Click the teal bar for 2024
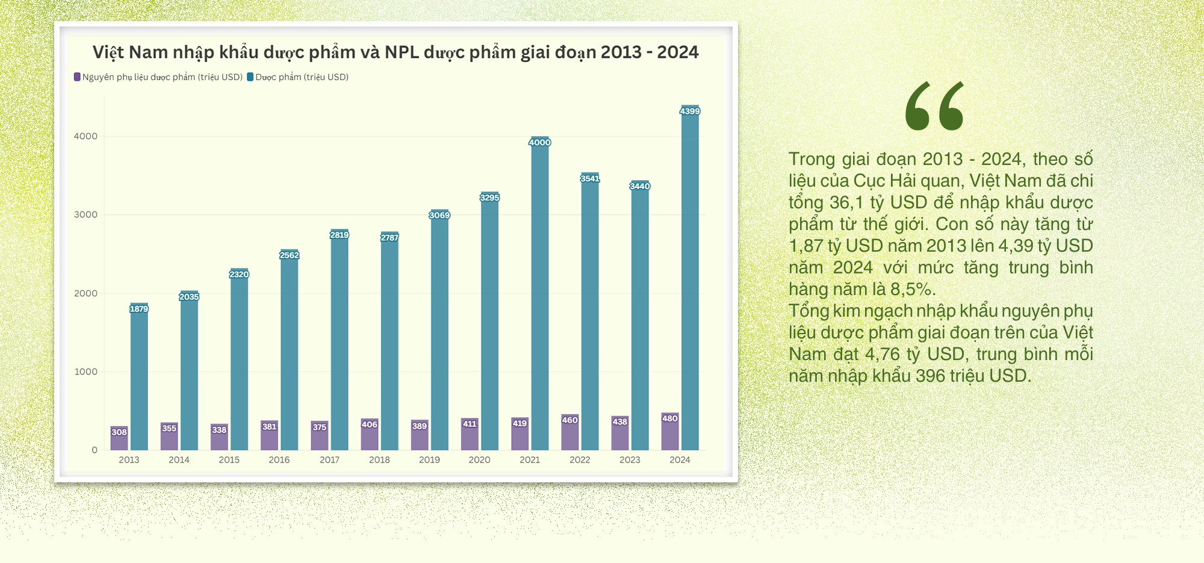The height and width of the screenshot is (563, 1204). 690,283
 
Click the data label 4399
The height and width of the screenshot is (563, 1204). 690,111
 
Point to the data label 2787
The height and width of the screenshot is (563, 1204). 389,238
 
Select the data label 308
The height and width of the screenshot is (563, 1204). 119,432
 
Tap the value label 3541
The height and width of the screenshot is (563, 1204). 590,178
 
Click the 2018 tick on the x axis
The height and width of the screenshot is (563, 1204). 379,460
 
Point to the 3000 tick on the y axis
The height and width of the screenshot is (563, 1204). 85,215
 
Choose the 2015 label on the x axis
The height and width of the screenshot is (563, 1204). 229,460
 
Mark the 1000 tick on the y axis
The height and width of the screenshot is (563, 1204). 85,372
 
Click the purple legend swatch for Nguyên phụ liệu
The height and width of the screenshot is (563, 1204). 77,77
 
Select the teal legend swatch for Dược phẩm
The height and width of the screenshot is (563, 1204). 250,77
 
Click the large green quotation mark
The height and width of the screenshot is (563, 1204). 934,106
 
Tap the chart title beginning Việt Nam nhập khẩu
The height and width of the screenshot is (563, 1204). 396,52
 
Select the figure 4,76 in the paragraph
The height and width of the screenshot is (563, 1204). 882,355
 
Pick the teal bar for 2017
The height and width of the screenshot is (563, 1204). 340,343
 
